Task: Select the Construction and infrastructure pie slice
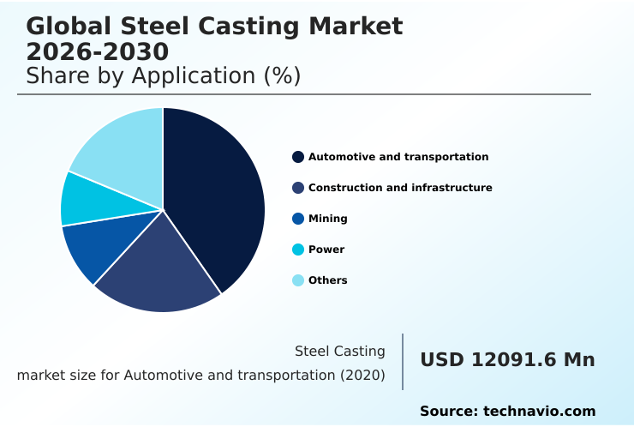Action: [x=163, y=270]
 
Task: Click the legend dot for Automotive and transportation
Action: [x=298, y=157]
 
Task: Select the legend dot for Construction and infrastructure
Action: [x=298, y=188]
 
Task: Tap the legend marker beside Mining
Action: [x=298, y=219]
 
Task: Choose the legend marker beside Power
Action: [x=298, y=250]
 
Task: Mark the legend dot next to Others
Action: [x=298, y=280]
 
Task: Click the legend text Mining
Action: [x=327, y=219]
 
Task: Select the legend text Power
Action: [x=326, y=250]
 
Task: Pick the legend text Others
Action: [x=327, y=280]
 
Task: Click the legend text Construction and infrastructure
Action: [x=400, y=188]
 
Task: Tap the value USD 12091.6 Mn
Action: [x=507, y=360]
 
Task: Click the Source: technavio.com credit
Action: [x=507, y=412]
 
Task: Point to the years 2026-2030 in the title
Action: [x=98, y=51]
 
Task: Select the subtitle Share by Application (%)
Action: [x=163, y=75]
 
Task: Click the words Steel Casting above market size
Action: [x=339, y=351]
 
